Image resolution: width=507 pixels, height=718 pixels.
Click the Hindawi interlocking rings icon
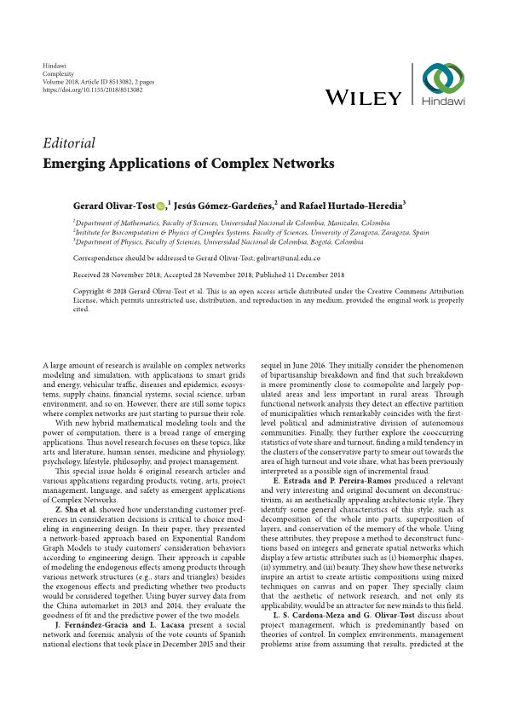443,78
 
